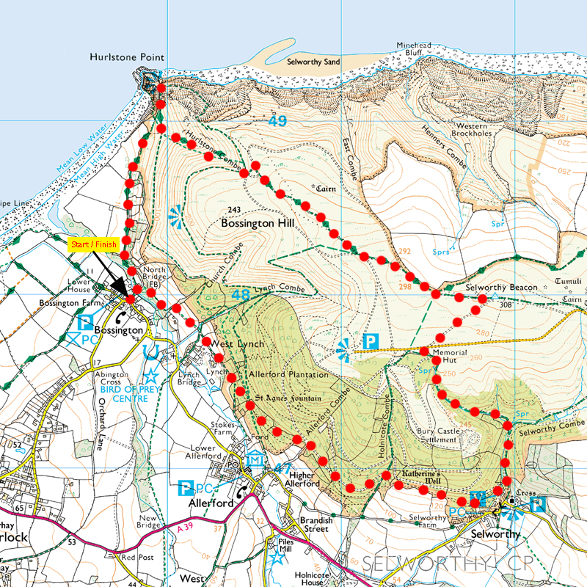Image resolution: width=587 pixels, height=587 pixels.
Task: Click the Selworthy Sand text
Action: [x=314, y=62]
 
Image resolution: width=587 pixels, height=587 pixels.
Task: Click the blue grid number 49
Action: [x=277, y=122]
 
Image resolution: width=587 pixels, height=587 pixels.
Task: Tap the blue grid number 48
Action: [x=240, y=294]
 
